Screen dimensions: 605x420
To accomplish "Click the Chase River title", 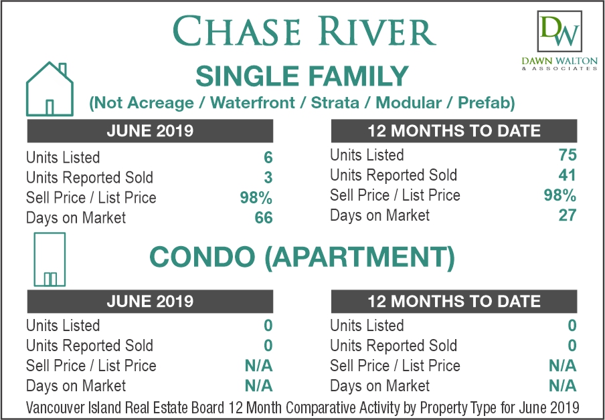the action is pyautogui.click(x=304, y=31).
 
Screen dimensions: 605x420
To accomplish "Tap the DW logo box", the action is pyautogui.click(x=559, y=31).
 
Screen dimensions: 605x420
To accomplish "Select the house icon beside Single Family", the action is pyautogui.click(x=50, y=89).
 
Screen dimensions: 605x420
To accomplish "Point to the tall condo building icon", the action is pyautogui.click(x=50, y=259).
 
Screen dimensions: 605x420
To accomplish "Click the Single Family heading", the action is pyautogui.click(x=302, y=76).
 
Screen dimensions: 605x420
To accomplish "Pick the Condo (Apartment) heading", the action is pyautogui.click(x=302, y=258).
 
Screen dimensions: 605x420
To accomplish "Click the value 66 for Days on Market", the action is pyautogui.click(x=264, y=218).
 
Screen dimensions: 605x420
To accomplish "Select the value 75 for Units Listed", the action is pyautogui.click(x=568, y=155).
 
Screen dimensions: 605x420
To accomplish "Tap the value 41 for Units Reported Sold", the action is pyautogui.click(x=568, y=175).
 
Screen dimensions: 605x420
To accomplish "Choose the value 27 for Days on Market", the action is pyautogui.click(x=568, y=215).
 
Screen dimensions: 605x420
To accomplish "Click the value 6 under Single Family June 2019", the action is pyautogui.click(x=268, y=157).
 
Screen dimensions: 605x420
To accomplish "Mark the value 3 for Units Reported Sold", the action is pyautogui.click(x=268, y=177).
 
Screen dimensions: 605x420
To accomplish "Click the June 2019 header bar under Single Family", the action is pyautogui.click(x=150, y=130).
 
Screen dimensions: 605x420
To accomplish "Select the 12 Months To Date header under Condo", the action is pyautogui.click(x=454, y=301).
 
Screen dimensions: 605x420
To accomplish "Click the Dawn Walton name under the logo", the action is pyautogui.click(x=559, y=61).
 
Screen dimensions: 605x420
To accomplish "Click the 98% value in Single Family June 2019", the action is pyautogui.click(x=256, y=198).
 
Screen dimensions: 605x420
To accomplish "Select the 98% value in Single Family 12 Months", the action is pyautogui.click(x=560, y=195).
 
